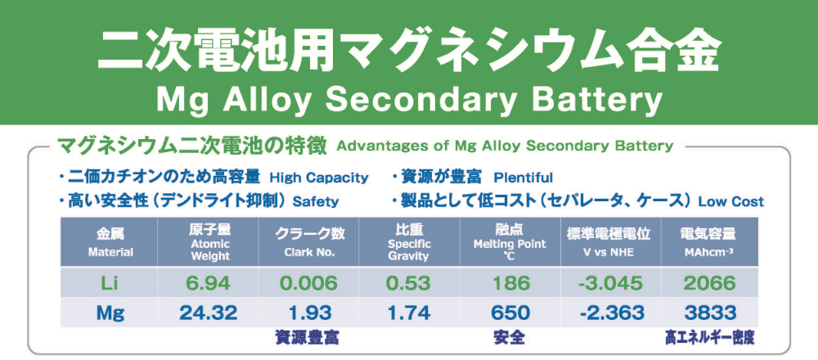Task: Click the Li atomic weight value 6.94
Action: point(209,283)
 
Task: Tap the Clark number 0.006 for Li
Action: point(308,283)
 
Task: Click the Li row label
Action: point(110,283)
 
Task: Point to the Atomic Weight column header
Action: point(209,243)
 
